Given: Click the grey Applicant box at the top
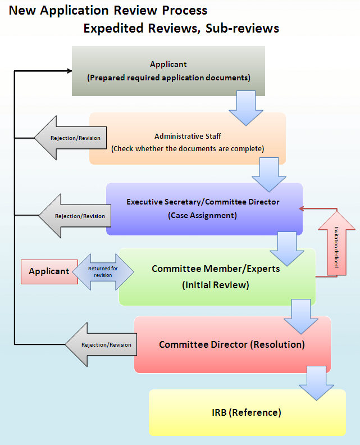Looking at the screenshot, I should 168,71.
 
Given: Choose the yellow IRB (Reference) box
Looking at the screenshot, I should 247,412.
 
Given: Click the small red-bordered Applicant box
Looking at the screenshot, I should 49,271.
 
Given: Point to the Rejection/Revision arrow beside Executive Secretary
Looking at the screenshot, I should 74,216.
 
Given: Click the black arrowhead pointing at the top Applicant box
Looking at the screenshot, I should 69,71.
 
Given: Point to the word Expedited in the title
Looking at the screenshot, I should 112,28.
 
